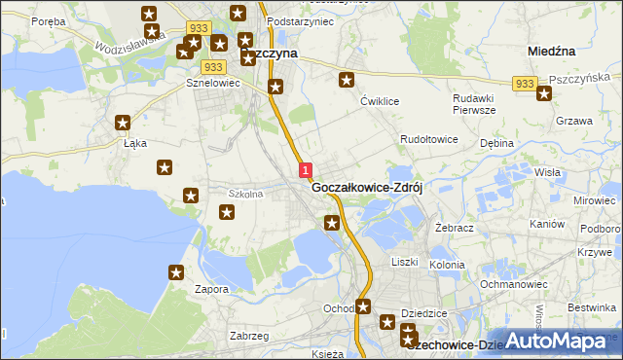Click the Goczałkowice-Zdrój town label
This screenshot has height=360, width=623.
[x=372, y=189]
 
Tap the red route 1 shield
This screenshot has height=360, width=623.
[x=306, y=170]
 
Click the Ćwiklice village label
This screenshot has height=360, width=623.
[x=381, y=101]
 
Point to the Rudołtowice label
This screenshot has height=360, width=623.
[x=429, y=140]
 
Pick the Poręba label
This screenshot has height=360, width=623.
[x=47, y=20]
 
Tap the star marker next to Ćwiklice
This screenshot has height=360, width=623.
[x=346, y=81]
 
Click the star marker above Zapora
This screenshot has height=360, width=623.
[x=176, y=273]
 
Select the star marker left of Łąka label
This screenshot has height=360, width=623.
[x=123, y=123]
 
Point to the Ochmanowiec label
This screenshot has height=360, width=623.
[x=511, y=284]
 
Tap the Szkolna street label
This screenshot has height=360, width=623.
[x=245, y=194]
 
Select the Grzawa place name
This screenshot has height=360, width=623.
[x=573, y=122]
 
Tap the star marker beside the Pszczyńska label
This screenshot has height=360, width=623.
[x=544, y=93]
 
